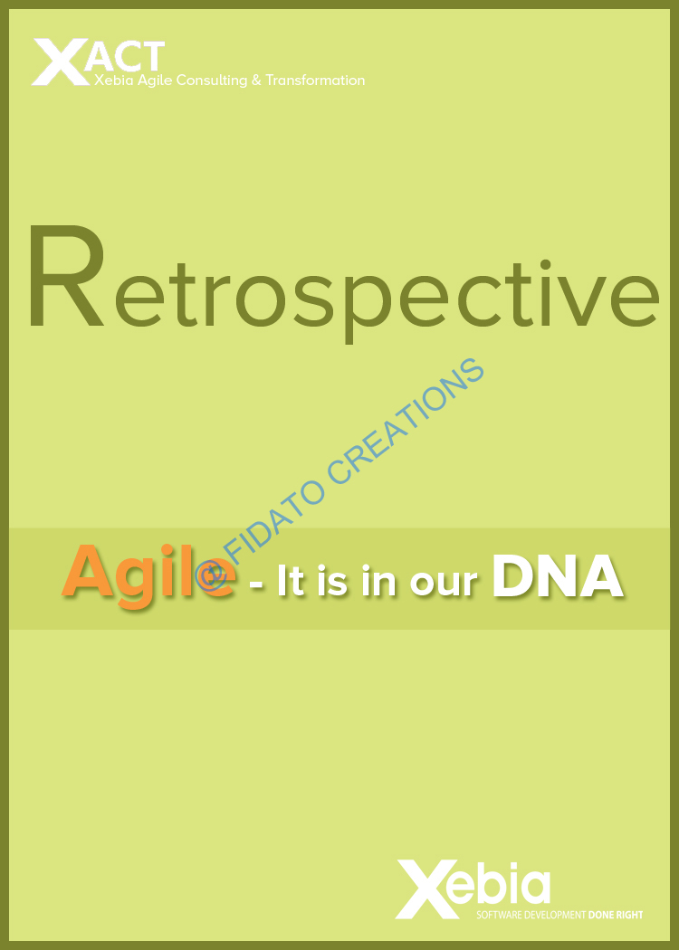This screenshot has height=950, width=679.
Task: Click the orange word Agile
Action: point(148,575)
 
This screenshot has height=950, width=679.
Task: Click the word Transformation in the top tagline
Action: point(315,80)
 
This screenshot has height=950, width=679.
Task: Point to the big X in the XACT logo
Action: point(60,62)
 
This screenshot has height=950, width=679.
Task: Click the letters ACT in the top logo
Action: point(125,57)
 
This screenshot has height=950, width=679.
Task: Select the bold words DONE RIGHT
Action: point(616,915)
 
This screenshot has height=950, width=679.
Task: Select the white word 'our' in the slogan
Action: point(444,583)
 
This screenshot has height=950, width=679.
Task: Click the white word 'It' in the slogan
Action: point(291,580)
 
